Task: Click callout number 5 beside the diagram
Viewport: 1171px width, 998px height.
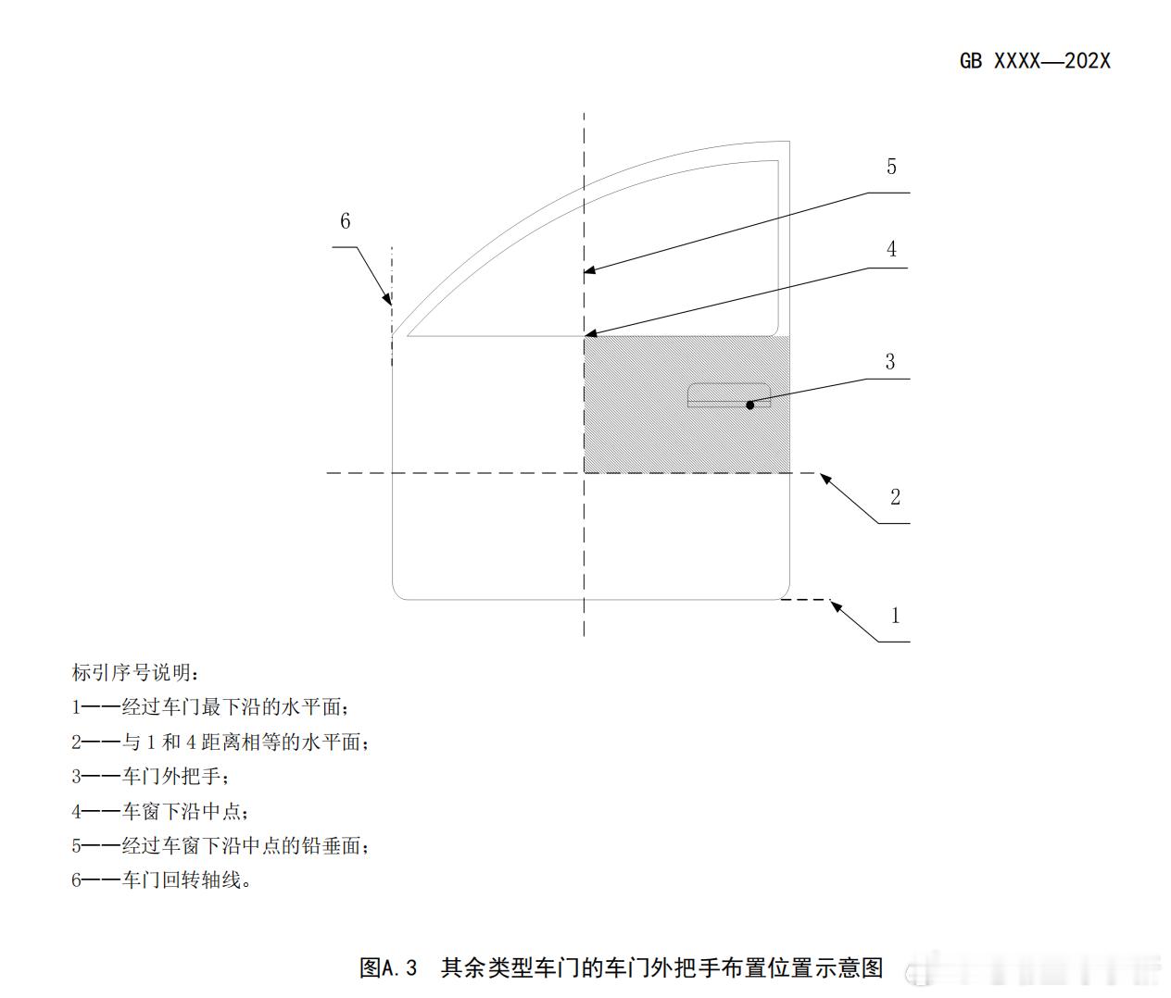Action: (x=891, y=167)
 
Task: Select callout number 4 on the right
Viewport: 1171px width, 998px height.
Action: (x=891, y=249)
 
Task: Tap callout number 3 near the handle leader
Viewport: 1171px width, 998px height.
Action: (x=890, y=361)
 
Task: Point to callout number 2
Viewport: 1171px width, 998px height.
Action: (x=895, y=497)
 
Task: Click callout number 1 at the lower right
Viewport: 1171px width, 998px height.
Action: (x=895, y=615)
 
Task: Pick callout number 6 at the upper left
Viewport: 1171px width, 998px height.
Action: (x=346, y=220)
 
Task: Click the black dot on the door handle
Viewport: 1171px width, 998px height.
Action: (x=750, y=405)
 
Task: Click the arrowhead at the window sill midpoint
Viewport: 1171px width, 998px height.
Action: (x=590, y=333)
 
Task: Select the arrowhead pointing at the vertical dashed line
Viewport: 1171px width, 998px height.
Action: (x=590, y=271)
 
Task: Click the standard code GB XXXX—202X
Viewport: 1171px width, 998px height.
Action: (x=1035, y=61)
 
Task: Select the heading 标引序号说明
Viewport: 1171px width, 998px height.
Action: (x=135, y=672)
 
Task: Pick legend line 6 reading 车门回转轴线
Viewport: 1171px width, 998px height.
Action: (x=162, y=879)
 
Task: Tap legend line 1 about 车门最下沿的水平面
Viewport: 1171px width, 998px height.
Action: (x=211, y=707)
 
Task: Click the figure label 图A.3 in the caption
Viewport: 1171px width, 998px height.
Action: (x=388, y=968)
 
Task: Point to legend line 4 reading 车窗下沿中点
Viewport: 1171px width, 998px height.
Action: (x=161, y=811)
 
